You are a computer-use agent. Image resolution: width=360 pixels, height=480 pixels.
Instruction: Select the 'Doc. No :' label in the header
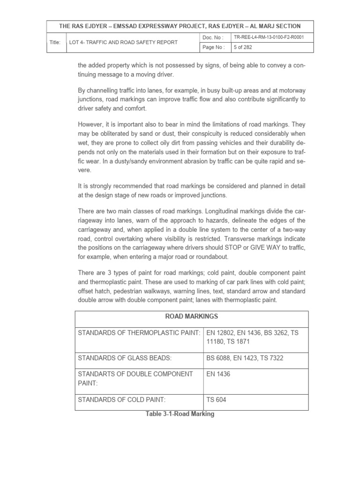pos(213,37)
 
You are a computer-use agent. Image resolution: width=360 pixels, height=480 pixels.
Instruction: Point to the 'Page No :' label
pos(214,47)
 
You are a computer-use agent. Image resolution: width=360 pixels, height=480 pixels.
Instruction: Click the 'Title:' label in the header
pos(55,42)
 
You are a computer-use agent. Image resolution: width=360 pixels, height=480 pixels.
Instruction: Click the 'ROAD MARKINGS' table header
pos(191,316)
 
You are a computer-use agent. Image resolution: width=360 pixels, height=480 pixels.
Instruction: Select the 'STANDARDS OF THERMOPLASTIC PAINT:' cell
pos(139,333)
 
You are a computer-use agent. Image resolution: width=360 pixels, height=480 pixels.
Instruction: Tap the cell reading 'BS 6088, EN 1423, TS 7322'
pos(245,358)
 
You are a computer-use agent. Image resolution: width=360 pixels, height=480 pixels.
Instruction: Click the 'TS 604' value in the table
pos(217,400)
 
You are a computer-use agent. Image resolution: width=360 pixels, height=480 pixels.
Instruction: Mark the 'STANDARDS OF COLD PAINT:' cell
pos(122,400)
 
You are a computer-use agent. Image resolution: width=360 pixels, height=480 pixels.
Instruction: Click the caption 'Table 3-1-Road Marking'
pos(180,414)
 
